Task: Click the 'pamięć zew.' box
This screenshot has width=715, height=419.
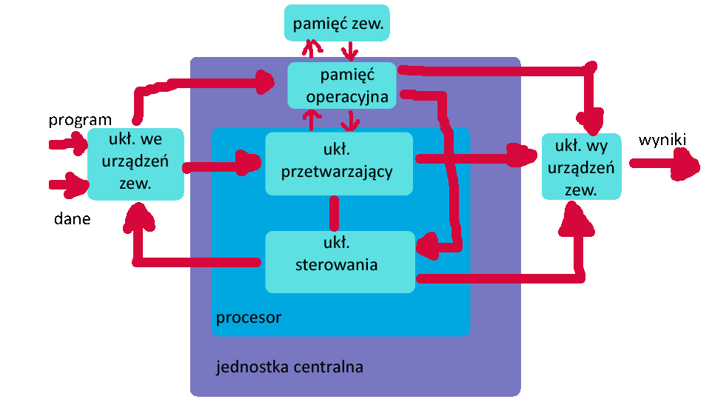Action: pyautogui.click(x=338, y=24)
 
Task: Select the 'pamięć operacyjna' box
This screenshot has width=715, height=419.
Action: pyautogui.click(x=342, y=85)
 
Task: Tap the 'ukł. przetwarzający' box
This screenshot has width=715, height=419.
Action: pyautogui.click(x=339, y=164)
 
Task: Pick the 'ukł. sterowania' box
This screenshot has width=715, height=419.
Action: pyautogui.click(x=340, y=261)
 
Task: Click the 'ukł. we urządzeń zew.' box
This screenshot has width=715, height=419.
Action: pyautogui.click(x=135, y=164)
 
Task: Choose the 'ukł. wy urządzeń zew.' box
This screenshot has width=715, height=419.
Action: pyautogui.click(x=580, y=167)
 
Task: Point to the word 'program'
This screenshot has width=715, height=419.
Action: pyautogui.click(x=80, y=120)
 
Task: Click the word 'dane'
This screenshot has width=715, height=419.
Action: pyautogui.click(x=72, y=218)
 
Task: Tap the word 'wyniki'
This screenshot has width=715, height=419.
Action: pyautogui.click(x=662, y=140)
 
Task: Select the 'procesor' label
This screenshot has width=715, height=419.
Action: pyautogui.click(x=249, y=318)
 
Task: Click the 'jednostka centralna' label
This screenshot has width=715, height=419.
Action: pyautogui.click(x=289, y=366)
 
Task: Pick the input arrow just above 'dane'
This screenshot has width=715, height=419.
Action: pyautogui.click(x=68, y=184)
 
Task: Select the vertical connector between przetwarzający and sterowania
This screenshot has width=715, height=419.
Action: pyautogui.click(x=334, y=213)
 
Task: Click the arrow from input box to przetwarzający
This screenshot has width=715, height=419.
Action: pyautogui.click(x=222, y=164)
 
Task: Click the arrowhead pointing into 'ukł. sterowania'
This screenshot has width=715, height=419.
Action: pyautogui.click(x=429, y=243)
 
